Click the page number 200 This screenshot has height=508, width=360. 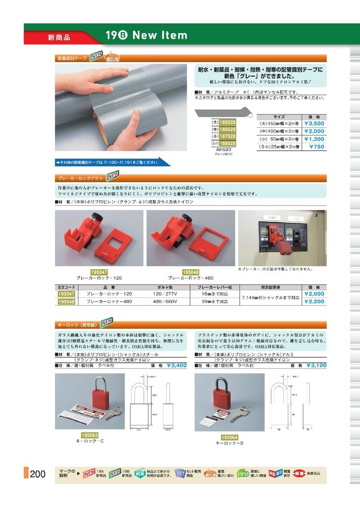click(37, 474)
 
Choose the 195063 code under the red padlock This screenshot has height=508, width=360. click(90, 435)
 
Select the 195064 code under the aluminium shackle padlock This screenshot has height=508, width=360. click(229, 437)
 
